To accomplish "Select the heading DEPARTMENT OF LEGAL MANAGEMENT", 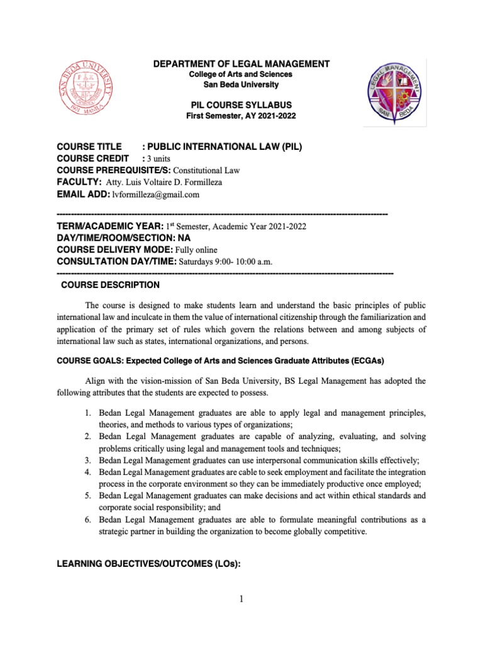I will [x=242, y=64].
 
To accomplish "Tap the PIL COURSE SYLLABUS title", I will [x=242, y=106].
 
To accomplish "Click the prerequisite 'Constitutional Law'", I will [x=205, y=171].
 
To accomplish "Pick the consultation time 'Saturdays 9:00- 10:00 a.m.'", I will [x=226, y=262].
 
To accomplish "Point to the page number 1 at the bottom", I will [x=241, y=600].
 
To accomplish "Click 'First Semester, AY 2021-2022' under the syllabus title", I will [x=242, y=117].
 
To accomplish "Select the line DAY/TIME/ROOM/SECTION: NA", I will [x=123, y=238].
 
